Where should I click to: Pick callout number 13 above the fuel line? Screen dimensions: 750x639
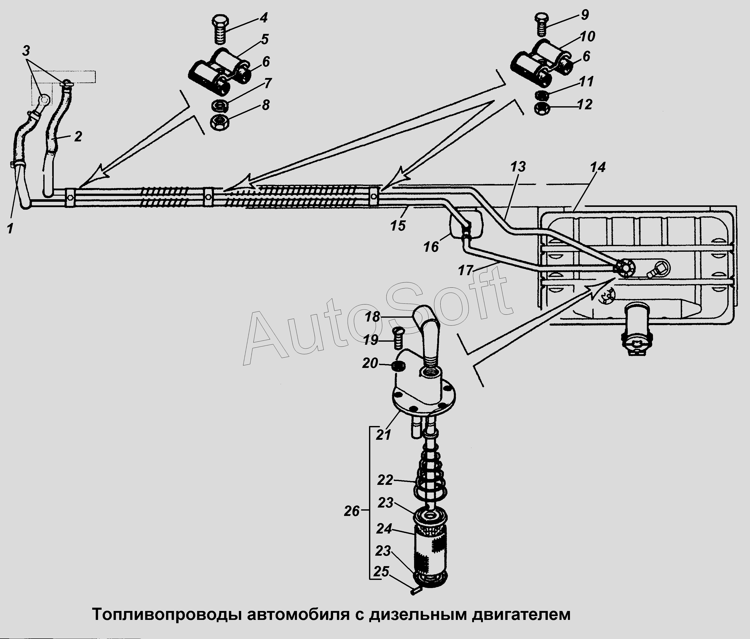518,167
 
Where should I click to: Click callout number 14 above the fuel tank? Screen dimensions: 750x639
598,167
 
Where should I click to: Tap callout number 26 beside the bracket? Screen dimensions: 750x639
351,511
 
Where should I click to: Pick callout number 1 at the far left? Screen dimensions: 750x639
10,229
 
